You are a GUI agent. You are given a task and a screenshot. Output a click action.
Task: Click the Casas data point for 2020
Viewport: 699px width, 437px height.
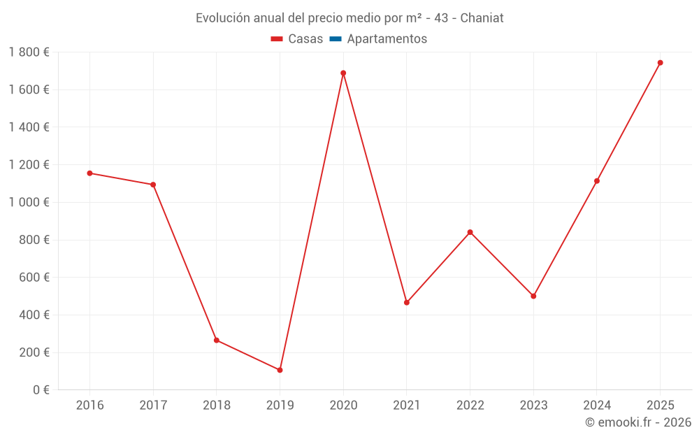coord(343,73)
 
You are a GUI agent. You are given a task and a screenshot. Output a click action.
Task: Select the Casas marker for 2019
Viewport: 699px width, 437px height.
coord(280,370)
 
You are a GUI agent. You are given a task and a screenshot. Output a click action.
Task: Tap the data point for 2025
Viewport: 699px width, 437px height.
coord(660,63)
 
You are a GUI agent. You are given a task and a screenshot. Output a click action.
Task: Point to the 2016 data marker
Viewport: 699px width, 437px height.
coord(89,173)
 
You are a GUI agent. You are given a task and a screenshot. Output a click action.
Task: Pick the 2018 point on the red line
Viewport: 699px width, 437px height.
coord(217,341)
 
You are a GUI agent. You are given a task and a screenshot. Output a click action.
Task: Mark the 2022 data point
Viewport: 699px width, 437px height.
coord(470,232)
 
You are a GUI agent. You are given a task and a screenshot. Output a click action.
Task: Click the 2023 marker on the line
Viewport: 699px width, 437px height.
coord(533,296)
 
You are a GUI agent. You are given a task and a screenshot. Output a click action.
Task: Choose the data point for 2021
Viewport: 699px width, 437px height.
coord(407,303)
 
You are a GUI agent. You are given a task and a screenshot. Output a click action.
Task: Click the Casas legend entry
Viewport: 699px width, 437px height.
coord(297,39)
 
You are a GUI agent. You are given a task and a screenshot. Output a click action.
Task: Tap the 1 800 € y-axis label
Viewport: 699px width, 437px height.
coord(29,52)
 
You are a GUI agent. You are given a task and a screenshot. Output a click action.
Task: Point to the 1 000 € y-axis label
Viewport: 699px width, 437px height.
coord(29,202)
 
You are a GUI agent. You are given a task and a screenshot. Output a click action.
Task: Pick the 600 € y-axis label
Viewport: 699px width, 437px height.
coord(34,278)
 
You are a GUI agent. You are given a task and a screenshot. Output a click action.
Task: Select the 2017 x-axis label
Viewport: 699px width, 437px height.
coord(153,406)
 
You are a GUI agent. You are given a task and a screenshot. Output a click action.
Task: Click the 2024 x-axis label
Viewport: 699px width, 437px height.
coord(597,406)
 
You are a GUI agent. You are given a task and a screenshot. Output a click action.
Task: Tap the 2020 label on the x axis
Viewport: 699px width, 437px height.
coord(343,406)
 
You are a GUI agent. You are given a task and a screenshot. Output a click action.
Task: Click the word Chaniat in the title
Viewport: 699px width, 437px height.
coord(482,18)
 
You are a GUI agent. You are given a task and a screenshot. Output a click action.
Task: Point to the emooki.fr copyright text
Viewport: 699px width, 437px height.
coord(638,422)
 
